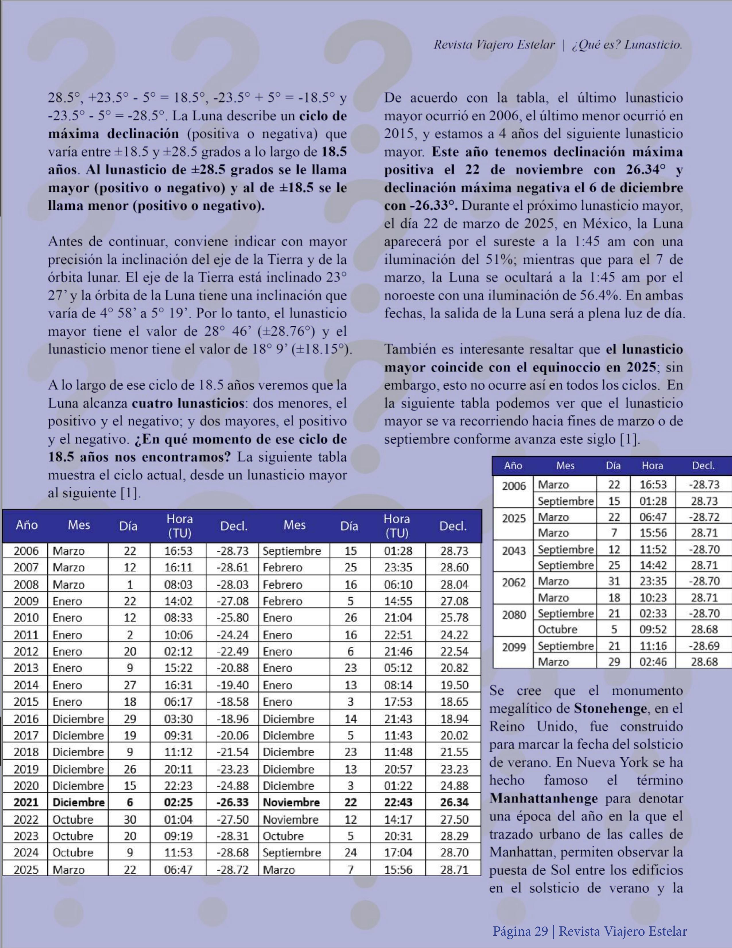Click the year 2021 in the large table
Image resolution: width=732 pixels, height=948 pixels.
point(26,802)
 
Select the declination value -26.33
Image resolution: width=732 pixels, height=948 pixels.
point(233,802)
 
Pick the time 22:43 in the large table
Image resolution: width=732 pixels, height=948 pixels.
point(398,802)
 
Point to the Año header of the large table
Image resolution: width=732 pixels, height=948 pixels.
point(26,525)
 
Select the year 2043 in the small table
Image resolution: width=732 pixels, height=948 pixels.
point(514,551)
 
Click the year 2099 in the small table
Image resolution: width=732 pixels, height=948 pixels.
point(514,647)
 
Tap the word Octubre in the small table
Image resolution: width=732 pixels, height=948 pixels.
point(557,630)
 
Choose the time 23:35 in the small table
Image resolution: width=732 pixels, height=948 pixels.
point(652,581)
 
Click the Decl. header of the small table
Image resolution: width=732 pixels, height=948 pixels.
point(703,466)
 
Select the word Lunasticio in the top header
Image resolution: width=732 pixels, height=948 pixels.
point(653,45)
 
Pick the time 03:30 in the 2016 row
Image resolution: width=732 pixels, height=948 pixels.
point(178,719)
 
